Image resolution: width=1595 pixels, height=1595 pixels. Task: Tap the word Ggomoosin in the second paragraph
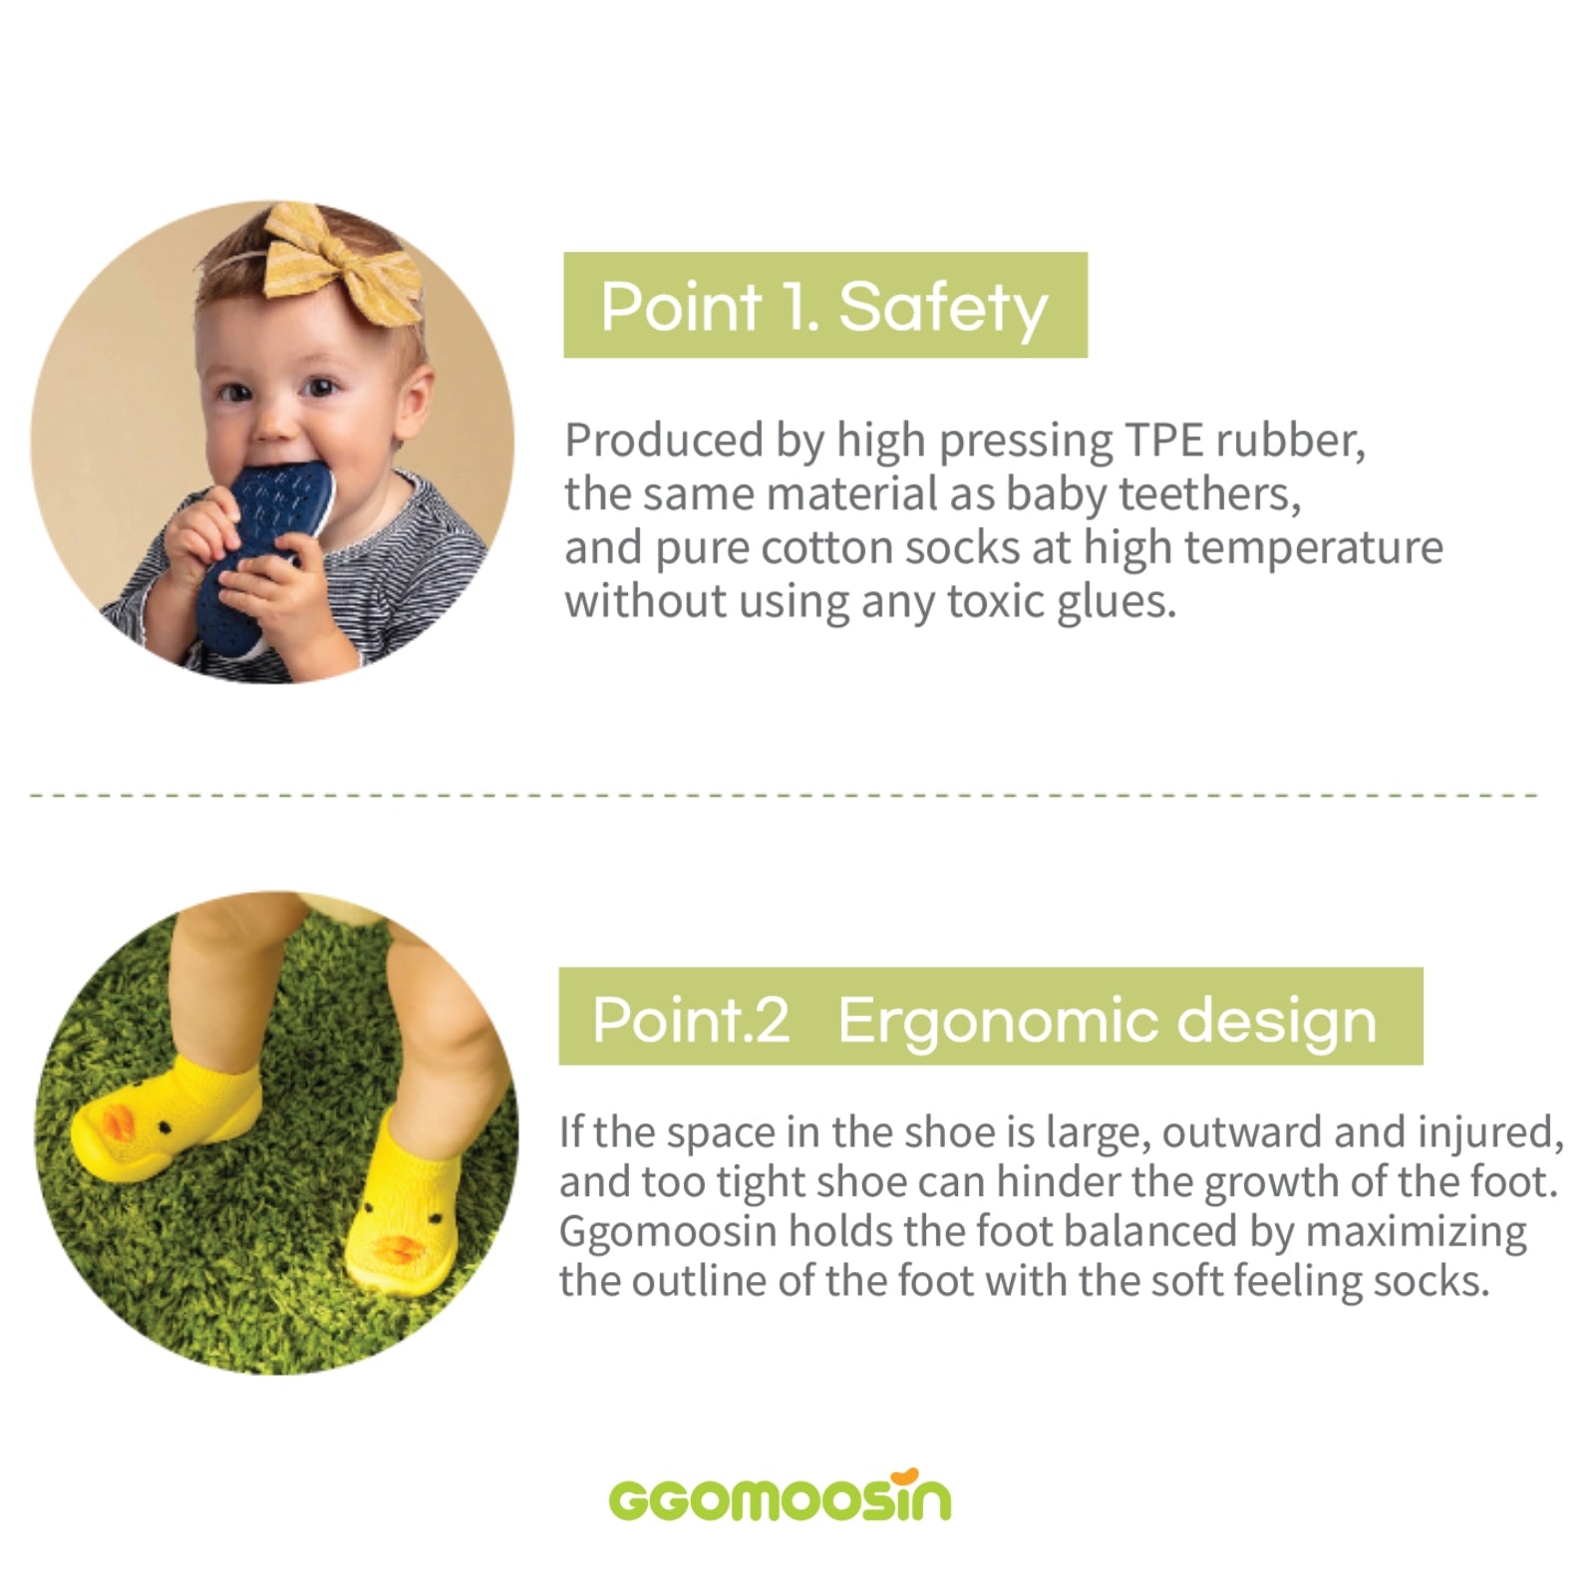click(x=668, y=1233)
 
